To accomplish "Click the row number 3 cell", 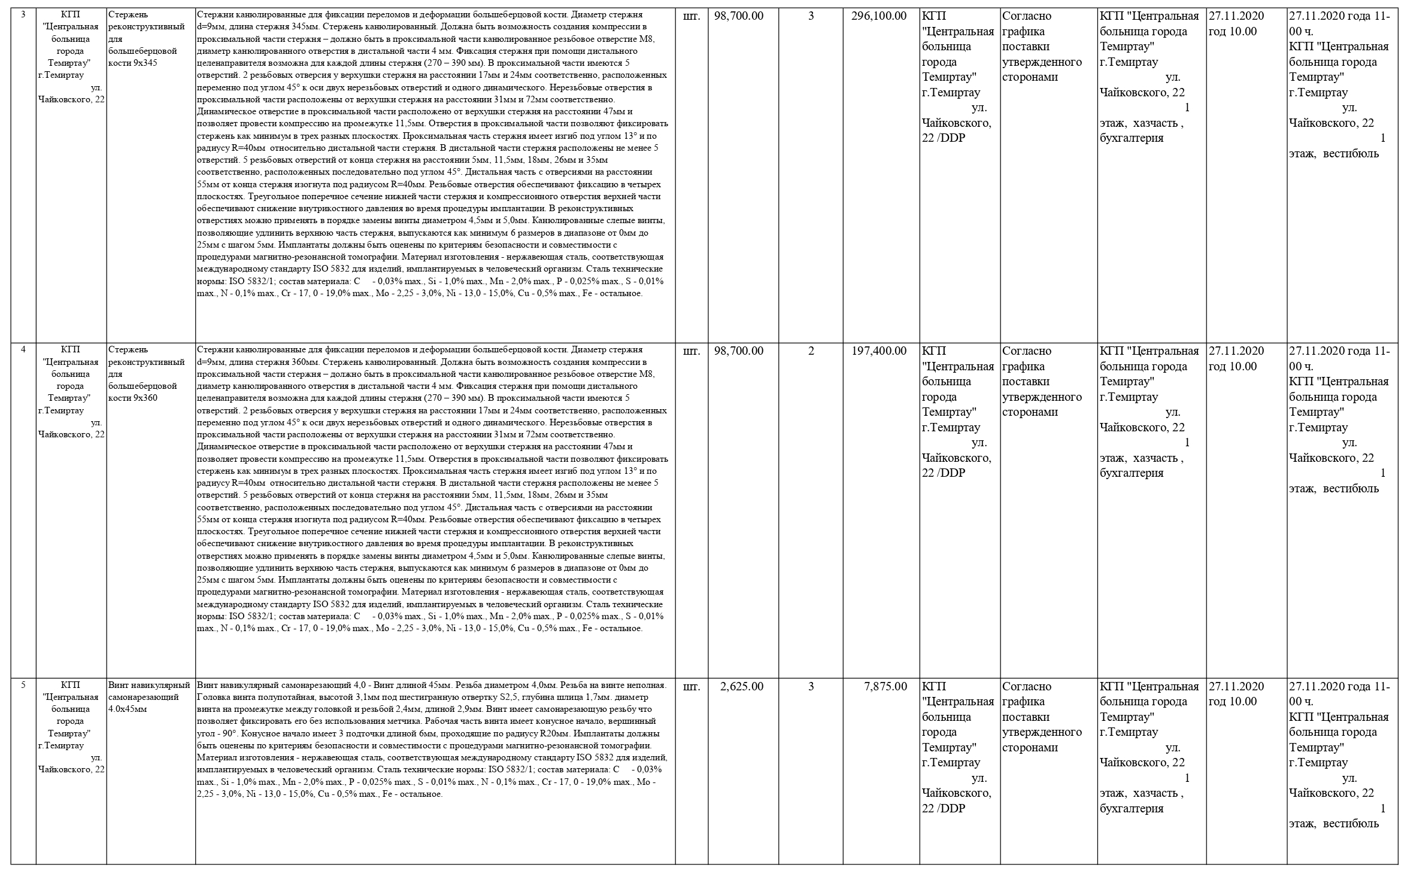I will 23,14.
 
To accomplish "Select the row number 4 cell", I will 23,350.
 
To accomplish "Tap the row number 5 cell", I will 23,685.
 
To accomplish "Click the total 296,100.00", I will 878,16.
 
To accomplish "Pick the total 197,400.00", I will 878,351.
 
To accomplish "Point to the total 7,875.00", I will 886,686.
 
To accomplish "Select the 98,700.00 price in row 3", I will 739,16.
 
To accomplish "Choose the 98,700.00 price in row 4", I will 739,351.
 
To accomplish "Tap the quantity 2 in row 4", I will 811,351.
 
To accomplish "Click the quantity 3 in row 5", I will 811,686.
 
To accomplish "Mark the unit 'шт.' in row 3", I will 691,16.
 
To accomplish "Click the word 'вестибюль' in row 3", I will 1351,154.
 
